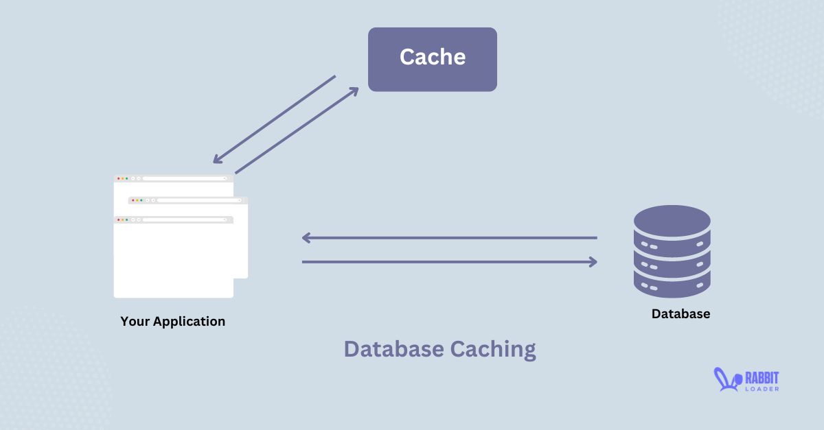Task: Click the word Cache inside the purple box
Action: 433,57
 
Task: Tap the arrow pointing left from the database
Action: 450,238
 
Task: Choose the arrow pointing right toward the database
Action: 450,261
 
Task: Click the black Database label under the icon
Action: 680,314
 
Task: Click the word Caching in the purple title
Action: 493,349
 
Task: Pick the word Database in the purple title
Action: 394,349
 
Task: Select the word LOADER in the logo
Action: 762,389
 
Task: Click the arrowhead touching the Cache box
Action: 354,91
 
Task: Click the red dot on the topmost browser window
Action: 118,178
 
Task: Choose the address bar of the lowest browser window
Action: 184,220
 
